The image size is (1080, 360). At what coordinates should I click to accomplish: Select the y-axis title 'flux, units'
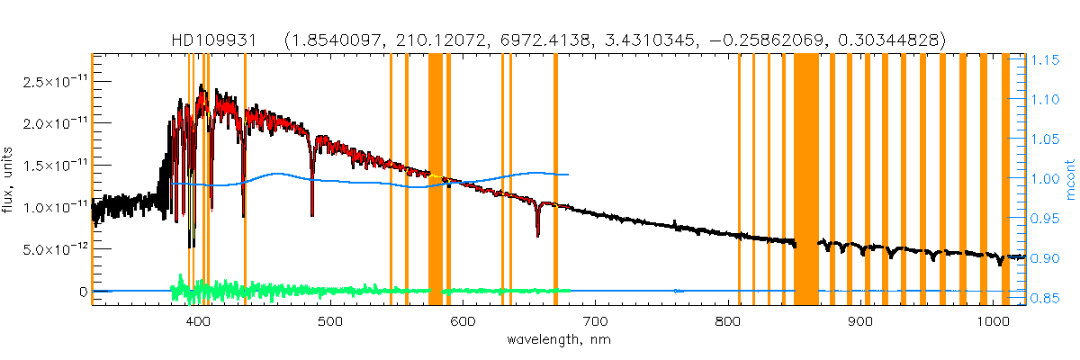(x=13, y=179)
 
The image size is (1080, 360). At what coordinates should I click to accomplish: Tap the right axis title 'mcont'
(x=1069, y=179)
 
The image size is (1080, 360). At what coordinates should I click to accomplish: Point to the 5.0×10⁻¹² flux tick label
(x=49, y=248)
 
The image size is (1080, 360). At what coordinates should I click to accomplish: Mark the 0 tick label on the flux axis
(x=82, y=292)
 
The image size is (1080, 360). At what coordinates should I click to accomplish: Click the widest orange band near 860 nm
(x=805, y=180)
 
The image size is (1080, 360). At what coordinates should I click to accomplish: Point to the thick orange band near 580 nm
(x=435, y=180)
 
